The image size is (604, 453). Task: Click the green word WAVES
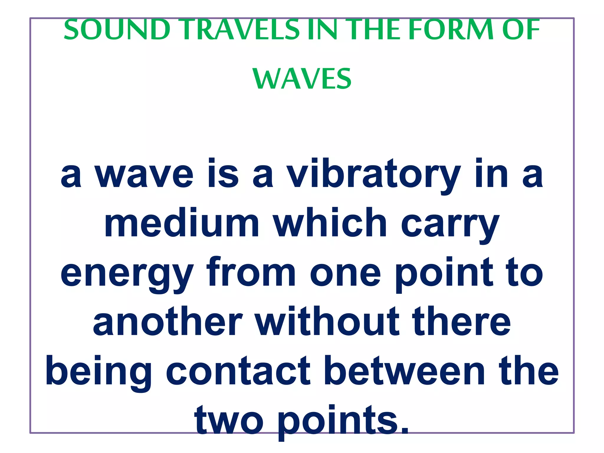click(x=302, y=79)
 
